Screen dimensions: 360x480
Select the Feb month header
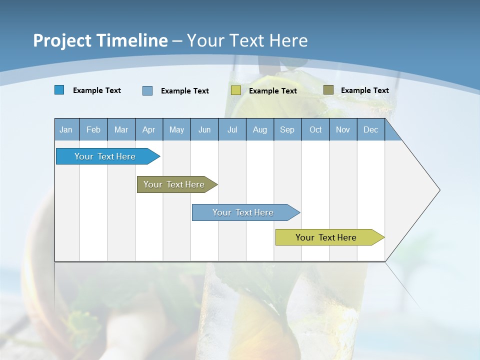(93, 129)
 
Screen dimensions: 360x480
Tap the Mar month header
(121, 129)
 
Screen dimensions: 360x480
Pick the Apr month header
(149, 129)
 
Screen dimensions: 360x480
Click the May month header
(176, 129)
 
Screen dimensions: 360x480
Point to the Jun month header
(204, 129)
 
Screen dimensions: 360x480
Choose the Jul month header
(232, 129)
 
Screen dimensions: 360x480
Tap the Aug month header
(260, 129)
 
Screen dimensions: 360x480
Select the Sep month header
(287, 129)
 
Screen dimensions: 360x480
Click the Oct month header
(315, 129)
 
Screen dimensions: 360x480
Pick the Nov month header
(343, 129)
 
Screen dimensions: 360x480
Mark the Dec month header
(371, 129)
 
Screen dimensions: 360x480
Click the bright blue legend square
(59, 90)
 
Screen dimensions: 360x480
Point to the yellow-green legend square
(236, 90)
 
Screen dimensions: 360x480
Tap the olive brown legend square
(328, 90)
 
